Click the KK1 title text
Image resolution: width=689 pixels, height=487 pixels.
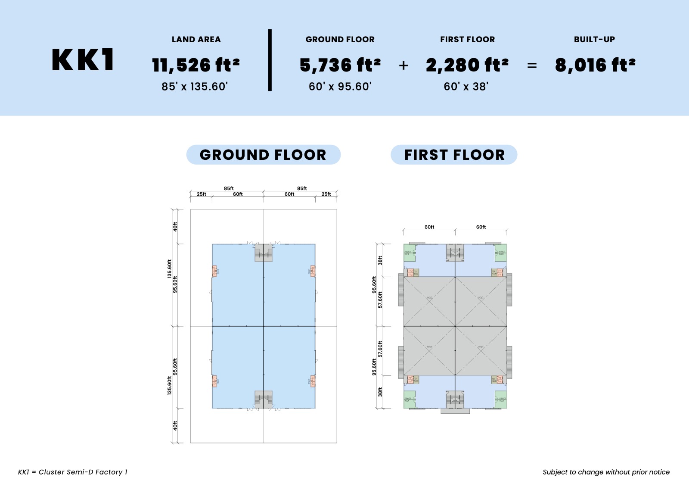pyautogui.click(x=83, y=60)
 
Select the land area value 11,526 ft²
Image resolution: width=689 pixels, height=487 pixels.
pyautogui.click(x=196, y=65)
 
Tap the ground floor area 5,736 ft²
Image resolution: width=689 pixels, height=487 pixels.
pyautogui.click(x=340, y=65)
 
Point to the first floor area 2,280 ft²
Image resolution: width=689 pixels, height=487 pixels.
pyautogui.click(x=467, y=65)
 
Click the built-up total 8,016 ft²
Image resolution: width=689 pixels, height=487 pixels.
pyautogui.click(x=595, y=65)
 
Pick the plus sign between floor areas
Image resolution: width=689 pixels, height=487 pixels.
pyautogui.click(x=403, y=66)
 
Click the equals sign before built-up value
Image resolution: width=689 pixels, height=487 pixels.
pyautogui.click(x=532, y=66)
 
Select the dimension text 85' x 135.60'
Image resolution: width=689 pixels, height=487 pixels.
pyautogui.click(x=195, y=87)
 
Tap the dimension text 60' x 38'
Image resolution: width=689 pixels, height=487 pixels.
pyautogui.click(x=466, y=87)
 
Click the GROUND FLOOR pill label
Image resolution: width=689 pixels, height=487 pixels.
pyautogui.click(x=263, y=155)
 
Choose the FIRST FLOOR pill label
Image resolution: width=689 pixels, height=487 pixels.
pyautogui.click(x=454, y=155)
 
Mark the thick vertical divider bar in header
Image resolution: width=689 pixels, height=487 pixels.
pyautogui.click(x=270, y=60)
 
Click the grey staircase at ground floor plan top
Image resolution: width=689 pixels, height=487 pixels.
pyautogui.click(x=264, y=253)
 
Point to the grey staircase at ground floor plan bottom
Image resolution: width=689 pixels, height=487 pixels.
pyautogui.click(x=264, y=400)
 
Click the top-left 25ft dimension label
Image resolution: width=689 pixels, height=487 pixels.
pyautogui.click(x=201, y=194)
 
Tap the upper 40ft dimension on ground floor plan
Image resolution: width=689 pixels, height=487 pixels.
pyautogui.click(x=175, y=227)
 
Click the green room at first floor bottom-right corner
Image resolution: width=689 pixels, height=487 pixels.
pyautogui.click(x=501, y=400)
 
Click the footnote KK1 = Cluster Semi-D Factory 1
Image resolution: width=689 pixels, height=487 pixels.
pyautogui.click(x=73, y=472)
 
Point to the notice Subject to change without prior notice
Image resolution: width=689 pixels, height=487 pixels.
pyautogui.click(x=606, y=472)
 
